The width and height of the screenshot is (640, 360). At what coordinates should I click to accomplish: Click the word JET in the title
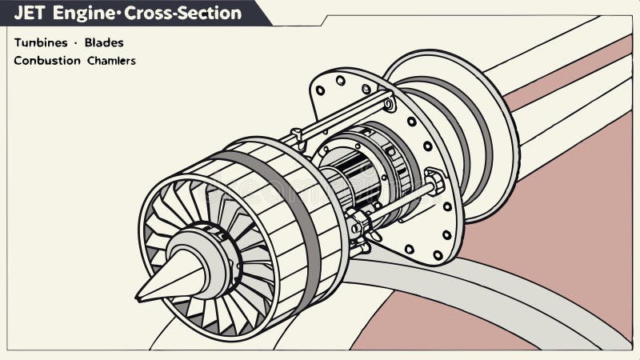point(30,13)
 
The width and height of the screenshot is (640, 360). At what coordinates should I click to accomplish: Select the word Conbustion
point(47,60)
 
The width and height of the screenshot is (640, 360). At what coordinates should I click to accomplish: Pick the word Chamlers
point(111,60)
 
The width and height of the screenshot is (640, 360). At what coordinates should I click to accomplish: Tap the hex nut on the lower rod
point(436,181)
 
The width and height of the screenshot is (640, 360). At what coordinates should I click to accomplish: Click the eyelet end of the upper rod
point(389,103)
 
